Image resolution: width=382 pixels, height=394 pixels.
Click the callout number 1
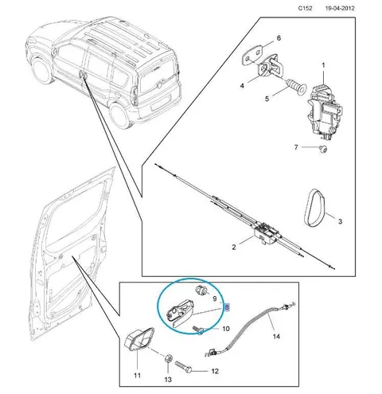pyautogui.click(x=323, y=65)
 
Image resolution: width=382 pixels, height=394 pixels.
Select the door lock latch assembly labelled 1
pyautogui.click(x=324, y=111)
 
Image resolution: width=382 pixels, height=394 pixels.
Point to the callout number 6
pyautogui.click(x=279, y=38)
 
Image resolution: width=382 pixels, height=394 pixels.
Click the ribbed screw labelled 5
pyautogui.click(x=297, y=87)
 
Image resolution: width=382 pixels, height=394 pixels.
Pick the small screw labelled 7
pyautogui.click(x=323, y=149)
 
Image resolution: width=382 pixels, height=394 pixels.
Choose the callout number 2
pyautogui.click(x=234, y=248)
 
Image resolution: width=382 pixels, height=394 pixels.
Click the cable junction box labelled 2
pyautogui.click(x=266, y=233)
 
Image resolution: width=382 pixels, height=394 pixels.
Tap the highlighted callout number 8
pyautogui.click(x=227, y=307)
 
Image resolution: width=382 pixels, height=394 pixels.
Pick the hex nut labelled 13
pyautogui.click(x=168, y=359)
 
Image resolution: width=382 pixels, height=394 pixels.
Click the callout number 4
pyautogui.click(x=242, y=86)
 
